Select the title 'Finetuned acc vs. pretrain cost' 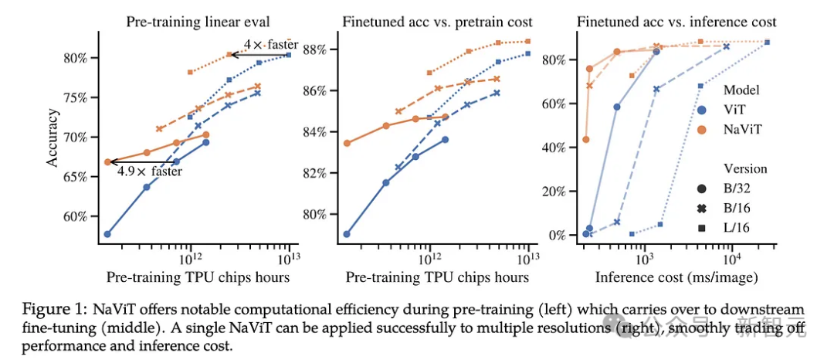[436, 22]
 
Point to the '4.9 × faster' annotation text [150, 172]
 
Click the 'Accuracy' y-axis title [52, 138]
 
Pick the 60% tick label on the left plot [77, 216]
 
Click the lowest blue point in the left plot [107, 234]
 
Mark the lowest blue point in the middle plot [347, 234]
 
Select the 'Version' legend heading [745, 168]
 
